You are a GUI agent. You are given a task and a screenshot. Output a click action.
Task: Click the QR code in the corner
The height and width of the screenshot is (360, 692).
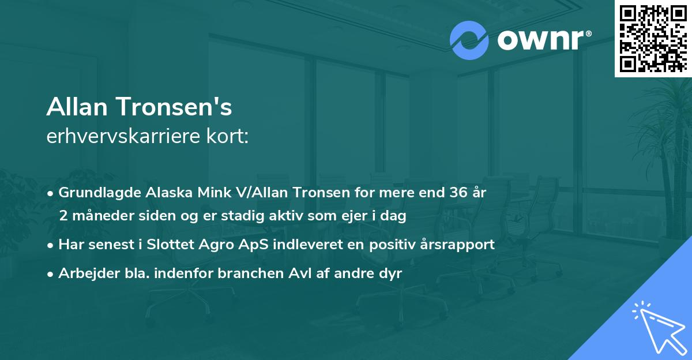(653, 39)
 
